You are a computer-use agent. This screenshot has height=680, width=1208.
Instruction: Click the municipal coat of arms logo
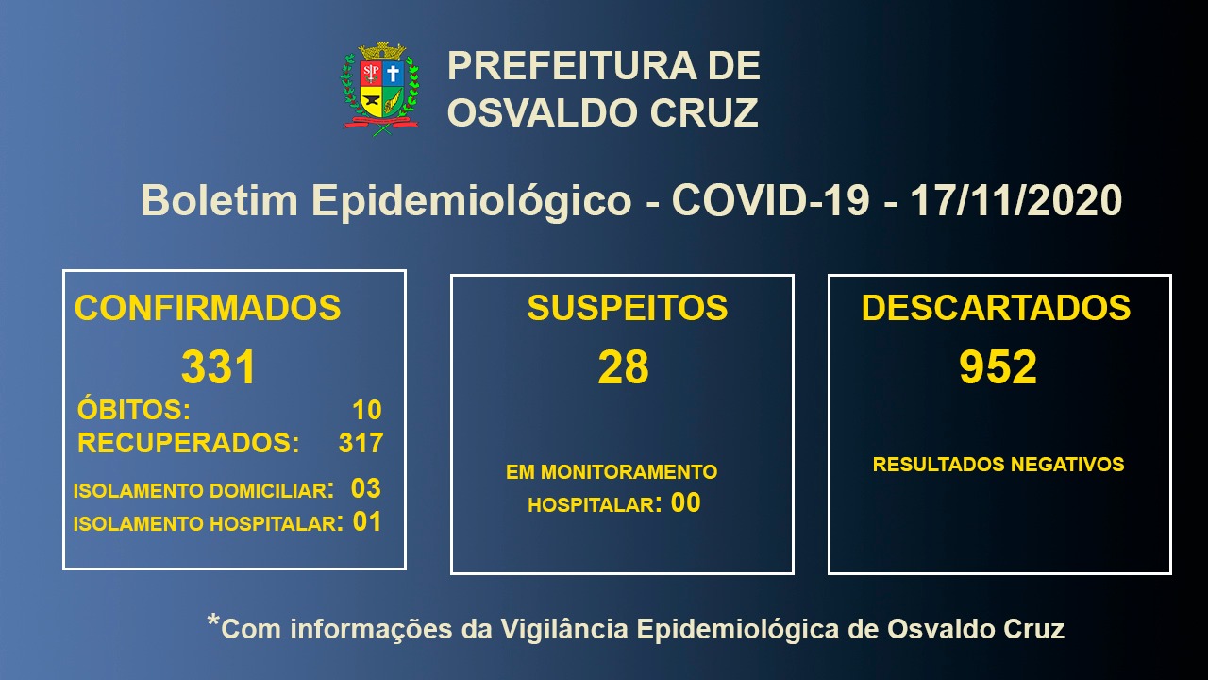(x=380, y=89)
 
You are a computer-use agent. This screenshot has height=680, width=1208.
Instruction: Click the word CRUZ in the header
(x=704, y=112)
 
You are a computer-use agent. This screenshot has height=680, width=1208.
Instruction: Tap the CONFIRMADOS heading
(x=208, y=308)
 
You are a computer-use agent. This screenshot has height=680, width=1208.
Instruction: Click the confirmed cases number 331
(x=218, y=367)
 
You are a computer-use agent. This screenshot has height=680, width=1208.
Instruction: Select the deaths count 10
(x=367, y=410)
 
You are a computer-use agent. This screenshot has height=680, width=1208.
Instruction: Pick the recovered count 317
(x=361, y=443)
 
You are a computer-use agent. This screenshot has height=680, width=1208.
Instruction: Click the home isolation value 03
(x=365, y=488)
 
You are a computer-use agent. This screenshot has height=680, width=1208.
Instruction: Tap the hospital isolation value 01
(x=367, y=522)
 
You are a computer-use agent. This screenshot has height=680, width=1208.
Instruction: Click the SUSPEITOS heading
(x=628, y=308)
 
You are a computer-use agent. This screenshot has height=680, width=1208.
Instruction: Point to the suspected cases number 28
(x=624, y=367)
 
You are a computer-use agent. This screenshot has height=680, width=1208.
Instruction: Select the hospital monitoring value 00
(x=685, y=503)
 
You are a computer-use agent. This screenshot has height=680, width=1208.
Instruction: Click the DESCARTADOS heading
(x=996, y=308)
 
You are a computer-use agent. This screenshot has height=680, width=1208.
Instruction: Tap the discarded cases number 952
(x=998, y=367)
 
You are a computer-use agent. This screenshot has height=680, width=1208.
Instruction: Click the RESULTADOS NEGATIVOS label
(x=998, y=464)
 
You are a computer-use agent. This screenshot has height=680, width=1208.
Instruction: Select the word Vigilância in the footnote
(x=564, y=629)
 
